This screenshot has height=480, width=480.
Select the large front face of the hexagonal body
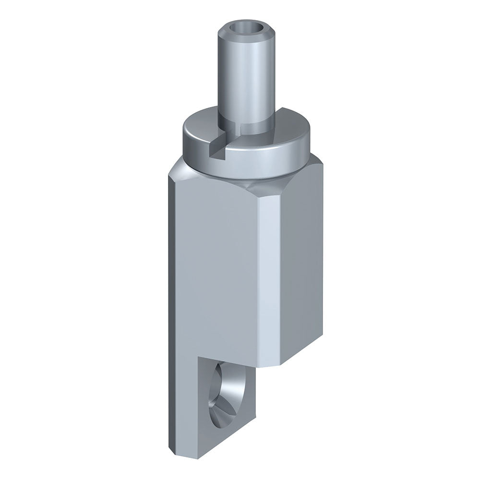point(216,269)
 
